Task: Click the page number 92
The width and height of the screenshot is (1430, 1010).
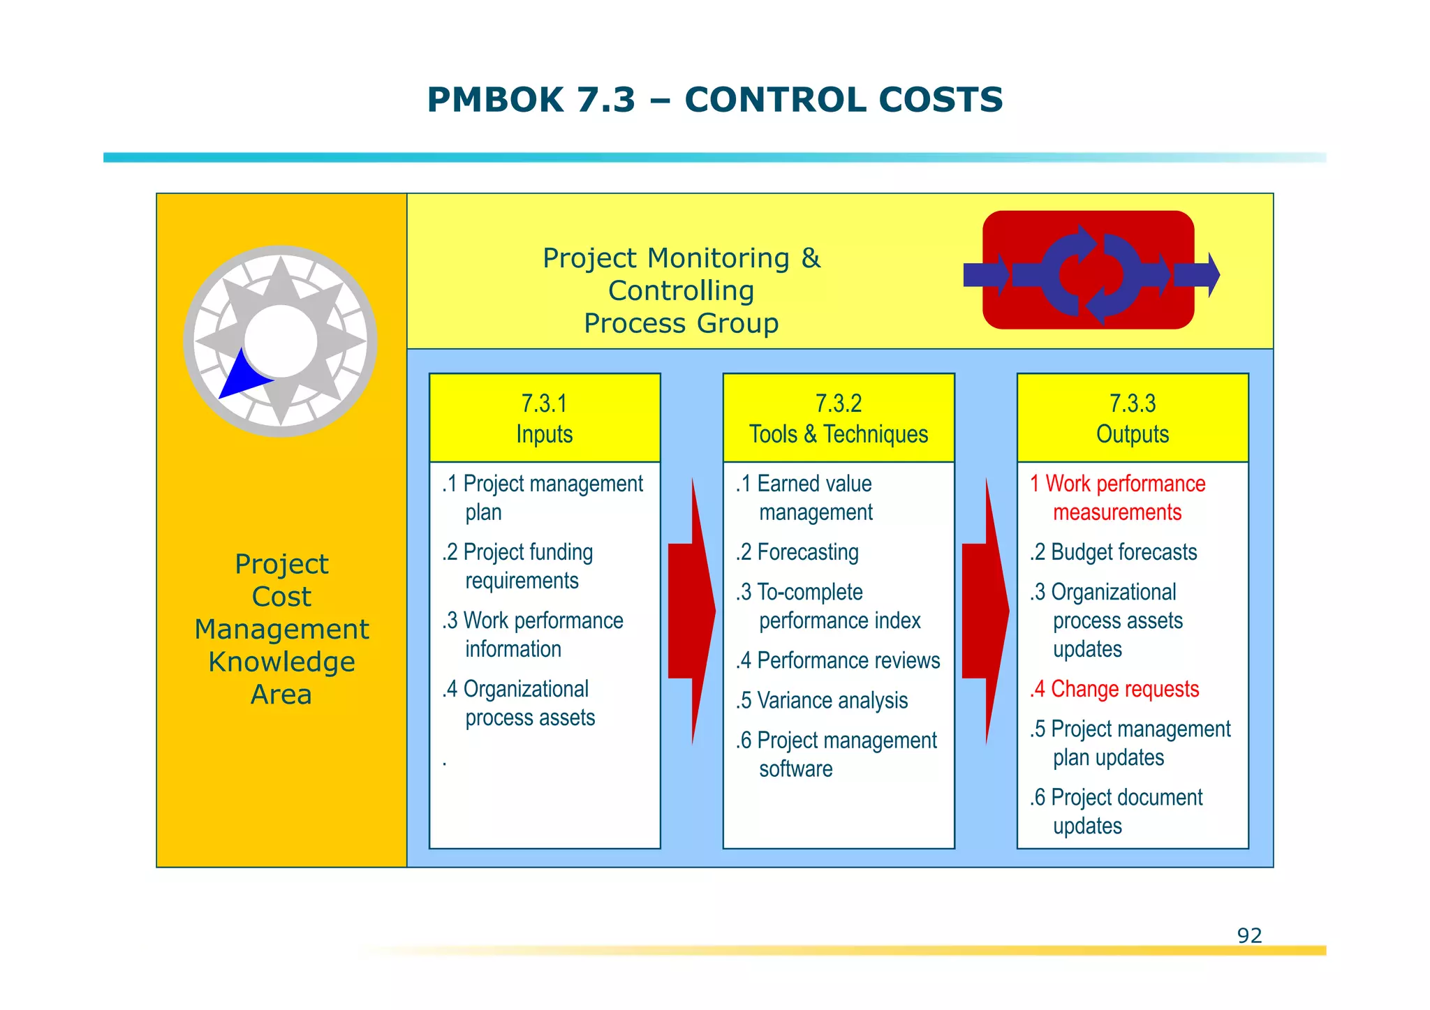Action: (x=1249, y=935)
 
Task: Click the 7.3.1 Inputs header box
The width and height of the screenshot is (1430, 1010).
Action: (x=545, y=418)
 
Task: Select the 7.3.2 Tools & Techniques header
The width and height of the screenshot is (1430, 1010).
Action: (x=839, y=418)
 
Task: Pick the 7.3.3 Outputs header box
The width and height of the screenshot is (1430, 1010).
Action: (x=1133, y=418)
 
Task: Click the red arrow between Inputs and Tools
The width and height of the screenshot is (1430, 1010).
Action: (x=691, y=611)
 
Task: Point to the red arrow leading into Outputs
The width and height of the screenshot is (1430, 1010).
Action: (x=985, y=611)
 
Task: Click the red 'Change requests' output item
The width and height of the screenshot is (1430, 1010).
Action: (x=1114, y=689)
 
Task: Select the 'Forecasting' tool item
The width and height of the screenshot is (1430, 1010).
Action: (x=797, y=552)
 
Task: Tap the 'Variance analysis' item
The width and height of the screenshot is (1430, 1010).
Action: (x=822, y=700)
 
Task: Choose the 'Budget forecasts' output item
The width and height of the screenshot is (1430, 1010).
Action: (x=1114, y=552)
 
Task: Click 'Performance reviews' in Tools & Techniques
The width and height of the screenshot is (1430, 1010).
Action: (x=838, y=660)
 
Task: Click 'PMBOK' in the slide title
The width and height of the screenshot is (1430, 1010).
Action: (x=495, y=99)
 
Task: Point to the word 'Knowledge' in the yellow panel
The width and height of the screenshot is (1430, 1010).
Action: (x=281, y=662)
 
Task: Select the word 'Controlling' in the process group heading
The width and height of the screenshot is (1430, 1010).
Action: (x=681, y=291)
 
